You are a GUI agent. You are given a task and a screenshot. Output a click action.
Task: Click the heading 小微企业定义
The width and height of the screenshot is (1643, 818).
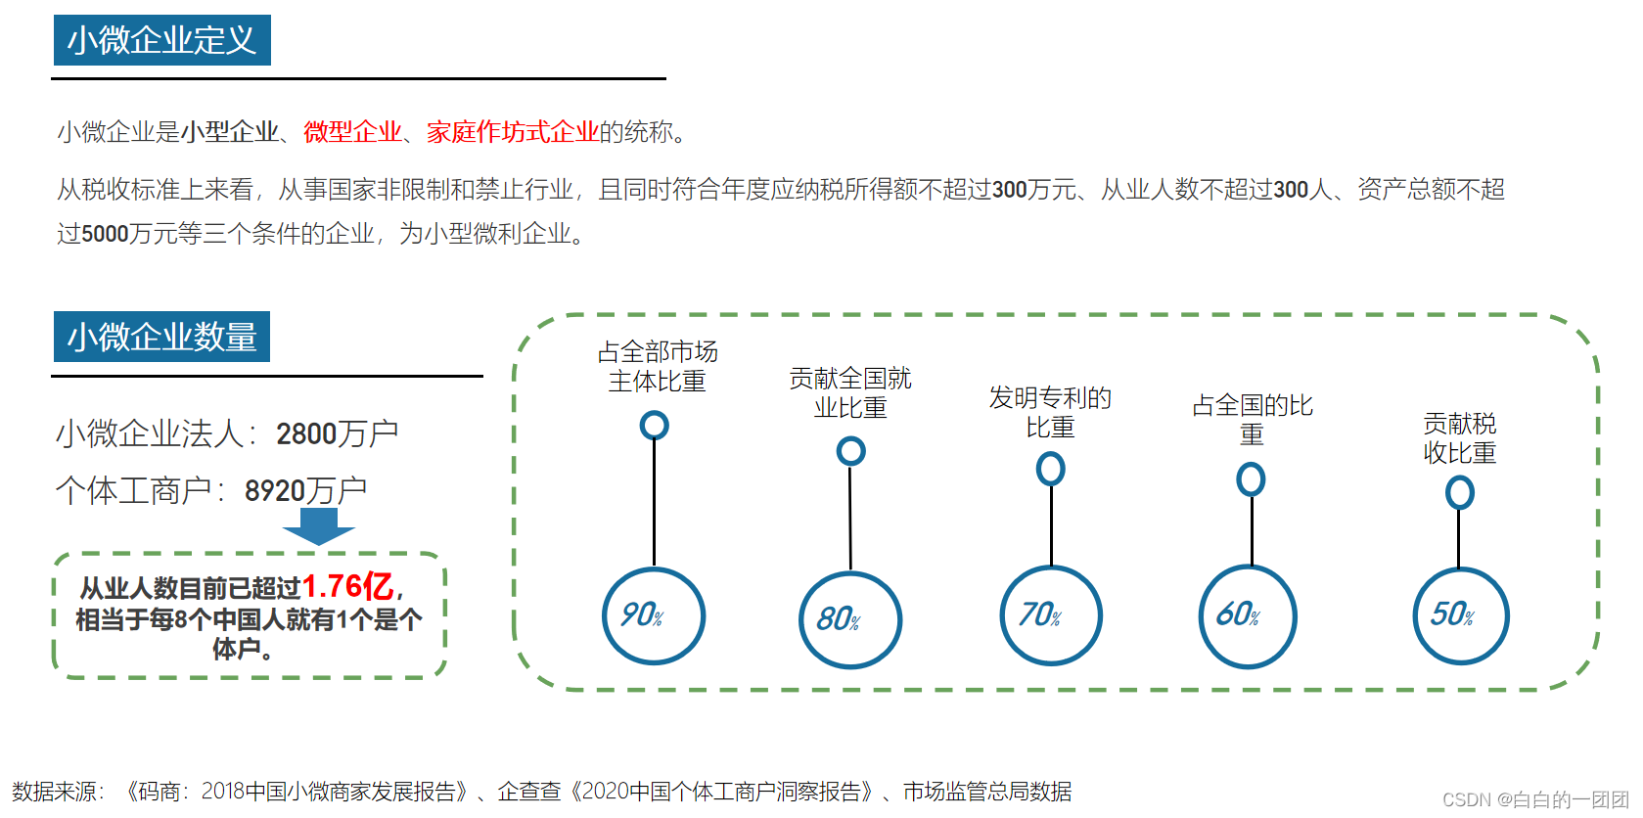(161, 40)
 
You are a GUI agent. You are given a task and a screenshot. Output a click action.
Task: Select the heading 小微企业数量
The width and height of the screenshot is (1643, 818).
(161, 337)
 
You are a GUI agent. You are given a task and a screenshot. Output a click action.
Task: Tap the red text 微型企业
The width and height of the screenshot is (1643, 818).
(352, 132)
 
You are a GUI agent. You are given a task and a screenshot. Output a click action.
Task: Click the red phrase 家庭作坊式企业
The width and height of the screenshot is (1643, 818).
(512, 132)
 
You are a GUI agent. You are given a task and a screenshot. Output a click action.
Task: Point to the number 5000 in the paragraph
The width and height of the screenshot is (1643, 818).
(105, 234)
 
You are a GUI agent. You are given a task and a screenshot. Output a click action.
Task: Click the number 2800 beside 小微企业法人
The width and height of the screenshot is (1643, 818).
(306, 433)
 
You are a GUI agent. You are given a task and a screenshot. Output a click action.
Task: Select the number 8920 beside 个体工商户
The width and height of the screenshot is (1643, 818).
(275, 490)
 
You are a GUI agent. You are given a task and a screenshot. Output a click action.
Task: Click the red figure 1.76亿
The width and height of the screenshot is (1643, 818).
(347, 586)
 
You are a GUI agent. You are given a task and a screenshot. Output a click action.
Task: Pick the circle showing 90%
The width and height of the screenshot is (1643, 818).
(654, 616)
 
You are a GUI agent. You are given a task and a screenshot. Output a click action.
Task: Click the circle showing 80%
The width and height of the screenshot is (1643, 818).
(850, 620)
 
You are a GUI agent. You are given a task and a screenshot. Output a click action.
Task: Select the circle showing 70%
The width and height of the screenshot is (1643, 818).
(1051, 616)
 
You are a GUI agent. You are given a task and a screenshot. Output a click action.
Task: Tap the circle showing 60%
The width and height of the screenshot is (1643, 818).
(1249, 616)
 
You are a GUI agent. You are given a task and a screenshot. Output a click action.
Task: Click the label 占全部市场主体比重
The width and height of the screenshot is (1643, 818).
(658, 366)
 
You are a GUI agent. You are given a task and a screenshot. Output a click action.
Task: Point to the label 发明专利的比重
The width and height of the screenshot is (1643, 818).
(1050, 412)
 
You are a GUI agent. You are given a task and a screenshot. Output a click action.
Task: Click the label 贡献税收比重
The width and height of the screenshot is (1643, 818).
(1459, 437)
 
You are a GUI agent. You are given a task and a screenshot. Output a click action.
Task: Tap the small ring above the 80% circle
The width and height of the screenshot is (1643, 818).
(850, 451)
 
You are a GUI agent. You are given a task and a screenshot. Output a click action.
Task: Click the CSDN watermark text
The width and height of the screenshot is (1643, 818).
(1534, 799)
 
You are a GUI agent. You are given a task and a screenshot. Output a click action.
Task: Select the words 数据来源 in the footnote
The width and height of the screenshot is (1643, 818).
(55, 792)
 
